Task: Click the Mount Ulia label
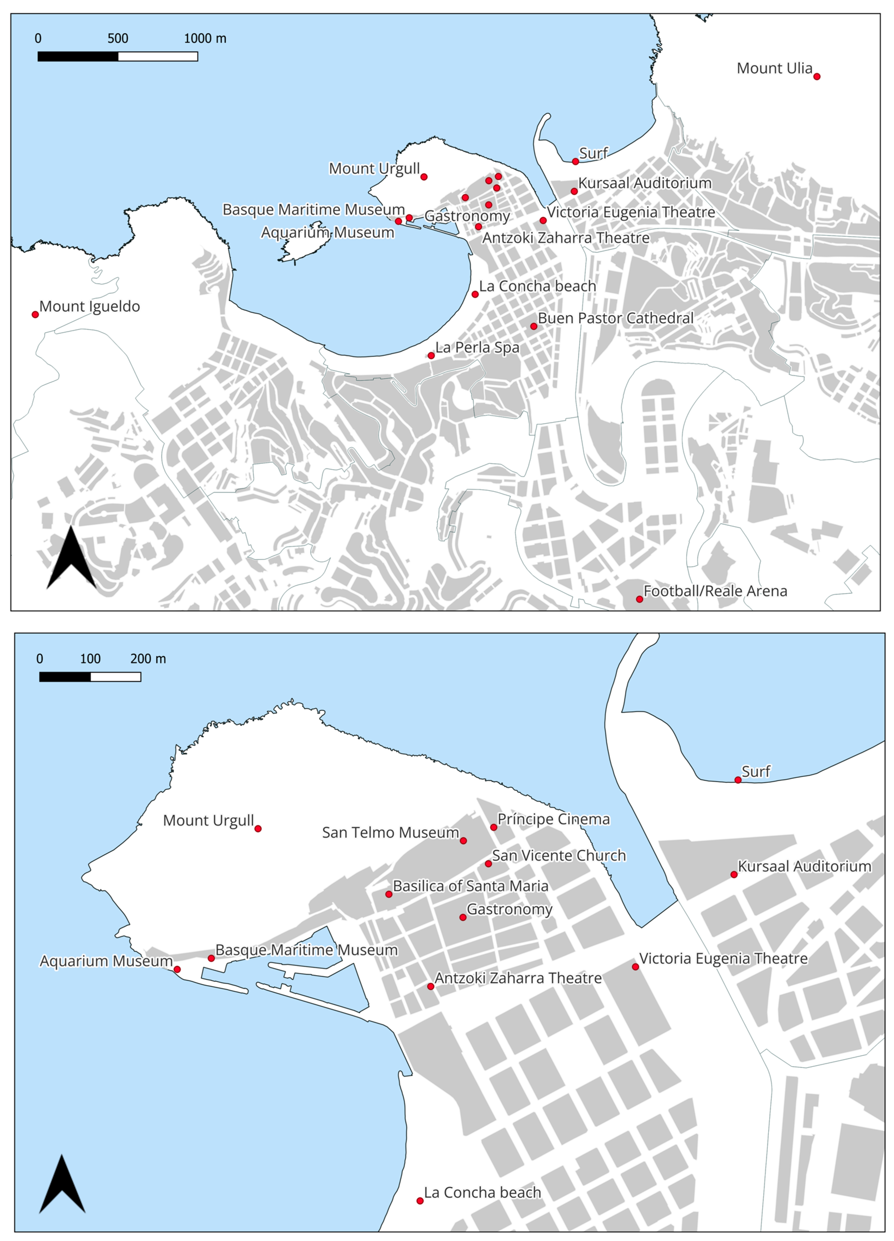click(774, 68)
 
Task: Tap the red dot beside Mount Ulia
click(816, 76)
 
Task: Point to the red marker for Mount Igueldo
click(35, 315)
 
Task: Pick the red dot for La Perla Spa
click(431, 356)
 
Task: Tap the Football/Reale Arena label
click(715, 591)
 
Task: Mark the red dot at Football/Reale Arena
click(639, 599)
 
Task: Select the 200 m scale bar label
click(148, 659)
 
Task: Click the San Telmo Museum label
click(390, 833)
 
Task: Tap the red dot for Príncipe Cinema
click(494, 827)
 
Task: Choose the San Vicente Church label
click(559, 856)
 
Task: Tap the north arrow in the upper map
click(71, 558)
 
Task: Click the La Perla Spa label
click(477, 347)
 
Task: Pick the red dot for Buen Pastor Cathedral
click(533, 326)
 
